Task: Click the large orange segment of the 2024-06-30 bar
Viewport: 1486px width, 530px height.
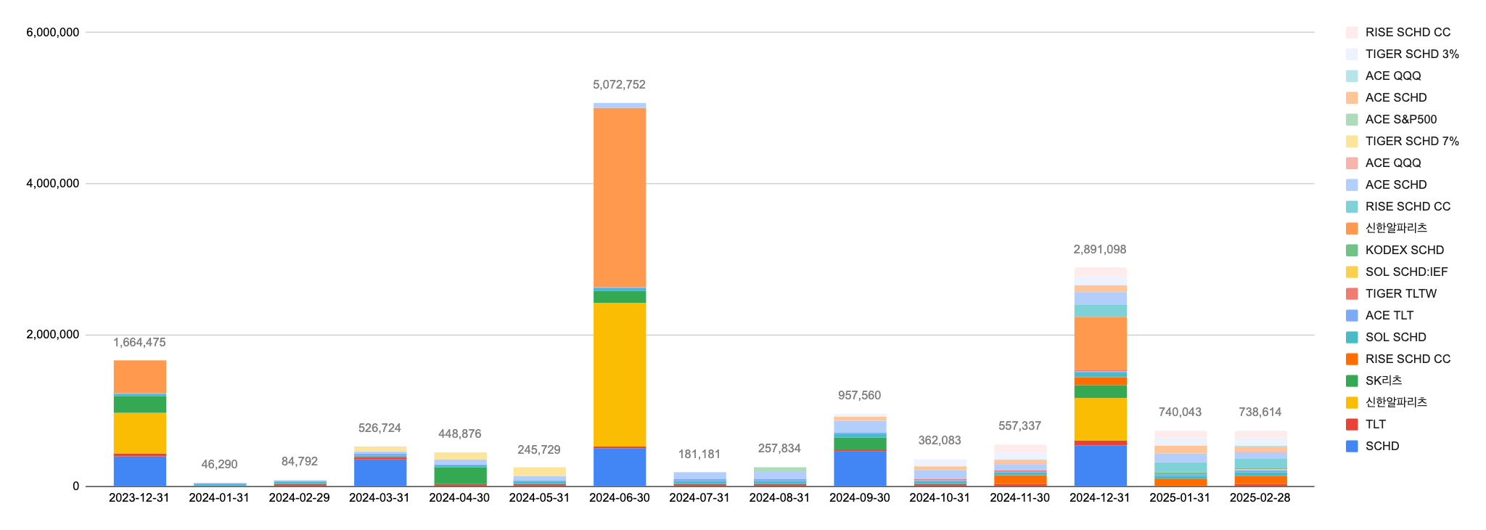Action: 619,197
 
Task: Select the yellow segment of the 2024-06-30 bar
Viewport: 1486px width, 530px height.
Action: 619,374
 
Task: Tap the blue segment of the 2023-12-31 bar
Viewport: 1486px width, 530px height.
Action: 139,471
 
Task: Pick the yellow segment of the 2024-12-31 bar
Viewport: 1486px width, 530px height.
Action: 1100,419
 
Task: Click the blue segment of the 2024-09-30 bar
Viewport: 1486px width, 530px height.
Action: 859,469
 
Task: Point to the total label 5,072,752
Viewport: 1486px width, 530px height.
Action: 619,85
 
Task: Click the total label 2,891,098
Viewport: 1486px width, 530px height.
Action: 1100,250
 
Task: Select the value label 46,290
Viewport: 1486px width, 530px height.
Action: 219,465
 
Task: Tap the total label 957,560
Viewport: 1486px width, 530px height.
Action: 859,396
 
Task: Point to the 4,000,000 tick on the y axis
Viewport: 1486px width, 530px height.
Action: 53,184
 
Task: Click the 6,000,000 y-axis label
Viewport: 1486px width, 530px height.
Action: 53,32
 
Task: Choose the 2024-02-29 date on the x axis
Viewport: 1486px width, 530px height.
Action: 299,498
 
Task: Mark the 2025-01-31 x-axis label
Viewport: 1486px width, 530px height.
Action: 1180,498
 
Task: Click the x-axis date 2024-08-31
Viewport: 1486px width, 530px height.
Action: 779,498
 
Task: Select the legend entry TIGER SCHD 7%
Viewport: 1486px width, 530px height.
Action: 1411,141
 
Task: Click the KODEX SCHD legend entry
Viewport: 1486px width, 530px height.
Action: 1404,250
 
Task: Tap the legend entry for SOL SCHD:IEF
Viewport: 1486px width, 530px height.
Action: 1406,272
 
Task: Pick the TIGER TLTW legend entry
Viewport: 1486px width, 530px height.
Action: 1400,293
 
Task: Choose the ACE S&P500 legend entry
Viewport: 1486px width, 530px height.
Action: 1400,119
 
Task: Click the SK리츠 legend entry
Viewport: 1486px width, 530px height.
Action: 1383,380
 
